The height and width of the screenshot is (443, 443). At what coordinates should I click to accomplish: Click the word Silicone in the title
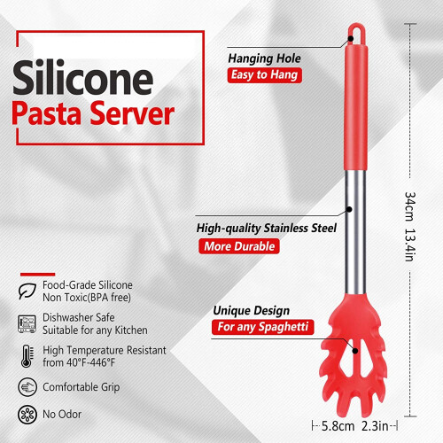pyautogui.click(x=82, y=77)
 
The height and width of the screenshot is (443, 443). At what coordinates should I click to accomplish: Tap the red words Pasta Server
pyautogui.click(x=93, y=113)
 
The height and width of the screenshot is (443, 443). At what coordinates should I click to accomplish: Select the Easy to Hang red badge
pyautogui.click(x=264, y=75)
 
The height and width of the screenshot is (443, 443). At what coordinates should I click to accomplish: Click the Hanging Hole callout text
pyautogui.click(x=264, y=58)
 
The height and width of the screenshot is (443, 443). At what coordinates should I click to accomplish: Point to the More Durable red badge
pyautogui.click(x=239, y=246)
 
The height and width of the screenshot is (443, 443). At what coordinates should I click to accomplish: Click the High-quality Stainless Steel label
pyautogui.click(x=267, y=228)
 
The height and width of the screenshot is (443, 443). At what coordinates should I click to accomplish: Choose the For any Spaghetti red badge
pyautogui.click(x=262, y=327)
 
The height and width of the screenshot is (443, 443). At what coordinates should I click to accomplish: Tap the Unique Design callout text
pyautogui.click(x=252, y=310)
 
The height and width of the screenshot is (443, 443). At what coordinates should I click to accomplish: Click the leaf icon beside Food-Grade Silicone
pyautogui.click(x=27, y=291)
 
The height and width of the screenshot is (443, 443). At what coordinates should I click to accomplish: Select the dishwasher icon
pyautogui.click(x=27, y=324)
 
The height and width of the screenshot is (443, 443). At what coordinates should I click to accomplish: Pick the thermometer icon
pyautogui.click(x=27, y=356)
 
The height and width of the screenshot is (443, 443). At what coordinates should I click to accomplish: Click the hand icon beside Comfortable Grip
pyautogui.click(x=27, y=386)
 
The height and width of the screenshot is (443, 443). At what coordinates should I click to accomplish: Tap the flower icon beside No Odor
pyautogui.click(x=27, y=415)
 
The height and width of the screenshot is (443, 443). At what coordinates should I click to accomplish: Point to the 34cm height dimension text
pyautogui.click(x=410, y=206)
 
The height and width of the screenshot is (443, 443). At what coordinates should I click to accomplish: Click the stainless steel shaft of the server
pyautogui.click(x=355, y=232)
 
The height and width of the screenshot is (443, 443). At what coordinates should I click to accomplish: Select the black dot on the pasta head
pyautogui.click(x=355, y=351)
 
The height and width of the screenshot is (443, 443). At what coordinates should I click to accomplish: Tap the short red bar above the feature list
pyautogui.click(x=37, y=275)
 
